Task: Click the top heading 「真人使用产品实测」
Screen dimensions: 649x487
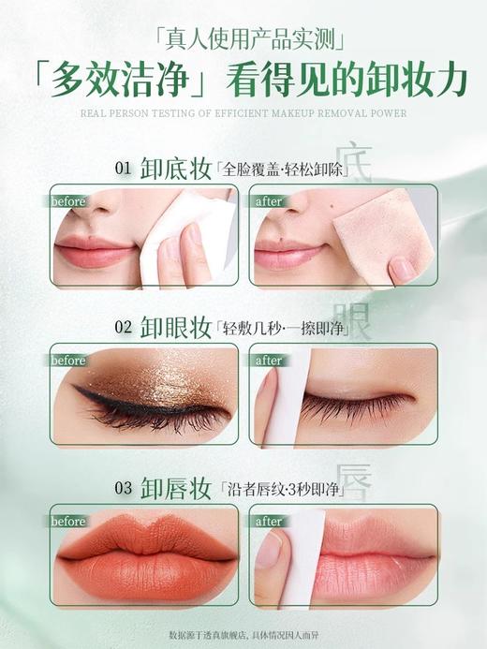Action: point(243,38)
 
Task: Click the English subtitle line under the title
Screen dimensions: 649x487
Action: point(243,114)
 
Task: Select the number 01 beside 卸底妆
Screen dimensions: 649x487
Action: point(123,169)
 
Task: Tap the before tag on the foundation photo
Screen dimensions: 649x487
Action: point(68,201)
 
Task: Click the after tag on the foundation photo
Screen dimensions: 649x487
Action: point(269,201)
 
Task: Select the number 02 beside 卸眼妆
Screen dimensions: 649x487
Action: point(123,328)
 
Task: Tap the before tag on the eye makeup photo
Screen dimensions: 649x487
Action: point(68,361)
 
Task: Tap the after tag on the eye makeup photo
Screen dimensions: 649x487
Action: point(269,361)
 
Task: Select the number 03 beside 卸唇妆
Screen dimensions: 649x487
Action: point(123,487)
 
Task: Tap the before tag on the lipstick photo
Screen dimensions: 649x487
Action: point(68,521)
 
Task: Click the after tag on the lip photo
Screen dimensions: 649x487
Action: point(269,521)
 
